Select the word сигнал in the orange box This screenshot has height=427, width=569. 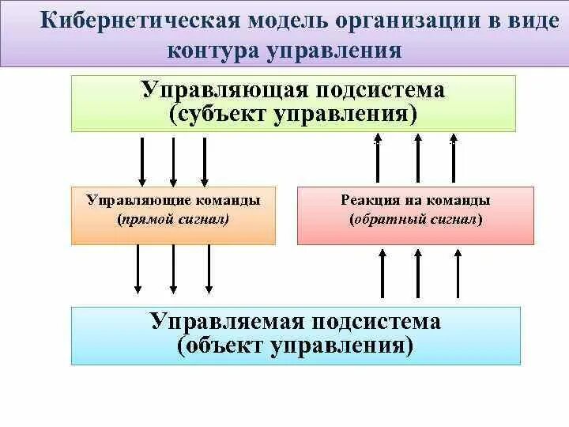(202, 219)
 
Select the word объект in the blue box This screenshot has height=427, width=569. (226, 346)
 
